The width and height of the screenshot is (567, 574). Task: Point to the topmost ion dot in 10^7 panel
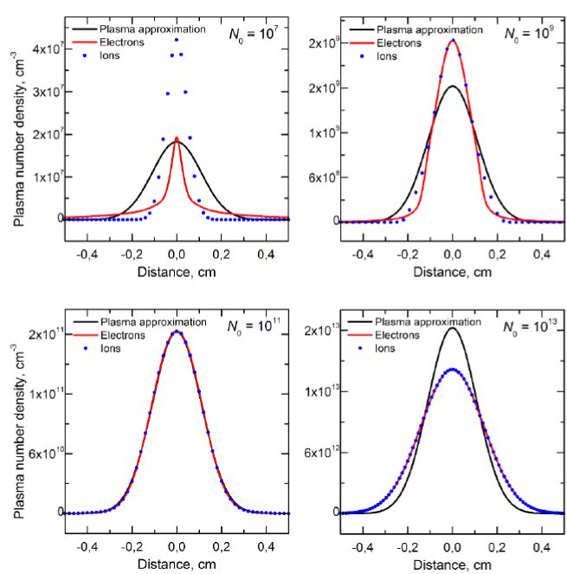point(177,40)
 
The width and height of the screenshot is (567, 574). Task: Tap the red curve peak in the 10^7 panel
point(177,139)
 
